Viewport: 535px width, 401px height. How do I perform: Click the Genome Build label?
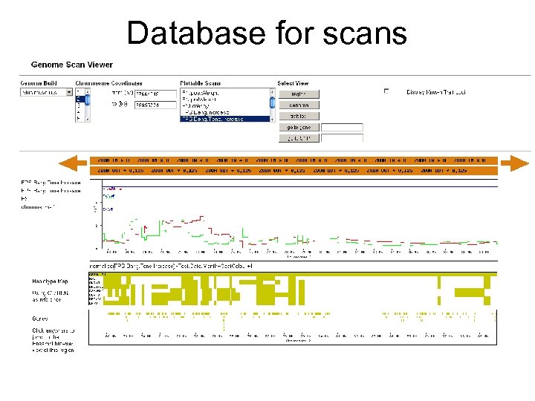(39, 83)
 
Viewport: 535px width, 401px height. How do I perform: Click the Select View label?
(294, 83)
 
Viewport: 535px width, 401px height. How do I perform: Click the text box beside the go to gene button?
(342, 128)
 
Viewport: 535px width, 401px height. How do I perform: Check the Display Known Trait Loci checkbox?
(386, 91)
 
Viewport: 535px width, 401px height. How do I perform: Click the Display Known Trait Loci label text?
(436, 92)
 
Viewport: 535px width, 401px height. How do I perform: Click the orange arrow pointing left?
(72, 163)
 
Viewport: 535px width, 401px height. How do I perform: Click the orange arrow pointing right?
(514, 163)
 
